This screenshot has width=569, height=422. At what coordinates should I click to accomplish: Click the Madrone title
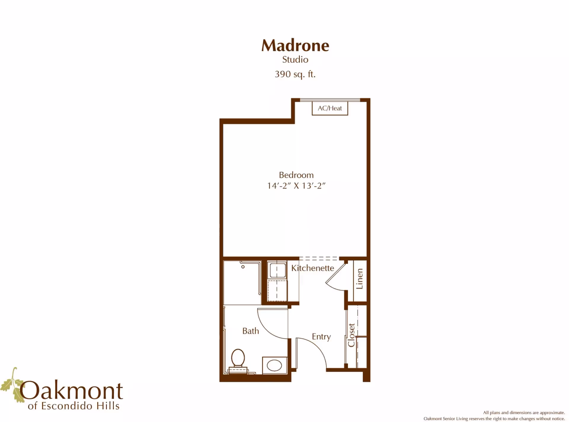(295, 46)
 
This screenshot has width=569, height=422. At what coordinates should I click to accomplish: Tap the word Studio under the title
(295, 60)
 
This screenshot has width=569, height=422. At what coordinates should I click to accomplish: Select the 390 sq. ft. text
(295, 74)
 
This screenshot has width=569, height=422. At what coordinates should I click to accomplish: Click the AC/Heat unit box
(330, 108)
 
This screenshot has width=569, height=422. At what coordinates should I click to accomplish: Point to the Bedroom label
(296, 175)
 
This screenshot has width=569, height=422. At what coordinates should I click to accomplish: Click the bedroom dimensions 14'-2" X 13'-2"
(296, 186)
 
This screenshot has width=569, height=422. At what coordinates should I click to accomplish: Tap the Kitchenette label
(313, 268)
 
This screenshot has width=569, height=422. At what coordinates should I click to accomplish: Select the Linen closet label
(360, 279)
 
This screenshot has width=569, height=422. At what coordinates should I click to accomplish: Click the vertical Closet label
(351, 335)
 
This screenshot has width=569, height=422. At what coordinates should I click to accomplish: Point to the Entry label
(321, 337)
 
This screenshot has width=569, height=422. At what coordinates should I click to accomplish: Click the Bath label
(251, 331)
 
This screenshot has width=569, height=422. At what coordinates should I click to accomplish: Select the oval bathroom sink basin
(274, 366)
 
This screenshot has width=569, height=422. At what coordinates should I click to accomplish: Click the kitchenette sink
(278, 270)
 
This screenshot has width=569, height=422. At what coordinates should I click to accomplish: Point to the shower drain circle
(243, 267)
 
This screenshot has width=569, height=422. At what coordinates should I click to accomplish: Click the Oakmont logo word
(71, 391)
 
